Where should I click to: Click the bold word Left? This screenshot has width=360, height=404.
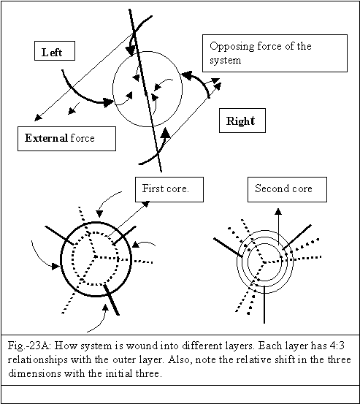coord(52,53)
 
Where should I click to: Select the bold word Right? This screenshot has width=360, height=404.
coord(240,121)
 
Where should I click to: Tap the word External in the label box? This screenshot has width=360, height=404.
coord(46,138)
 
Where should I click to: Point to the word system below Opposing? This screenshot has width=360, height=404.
coord(226,61)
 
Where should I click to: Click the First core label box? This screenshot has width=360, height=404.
coord(169,189)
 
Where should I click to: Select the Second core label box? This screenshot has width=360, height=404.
coord(287,189)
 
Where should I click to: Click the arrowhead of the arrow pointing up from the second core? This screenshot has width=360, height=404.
coord(278,212)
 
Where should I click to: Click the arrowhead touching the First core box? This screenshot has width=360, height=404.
coord(146,204)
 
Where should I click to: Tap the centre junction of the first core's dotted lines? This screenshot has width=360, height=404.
coord(95,256)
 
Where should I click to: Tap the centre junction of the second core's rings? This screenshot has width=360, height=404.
coord(264,262)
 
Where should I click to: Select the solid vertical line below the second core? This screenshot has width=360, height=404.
coord(264,305)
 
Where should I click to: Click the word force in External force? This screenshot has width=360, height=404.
coord(83,138)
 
